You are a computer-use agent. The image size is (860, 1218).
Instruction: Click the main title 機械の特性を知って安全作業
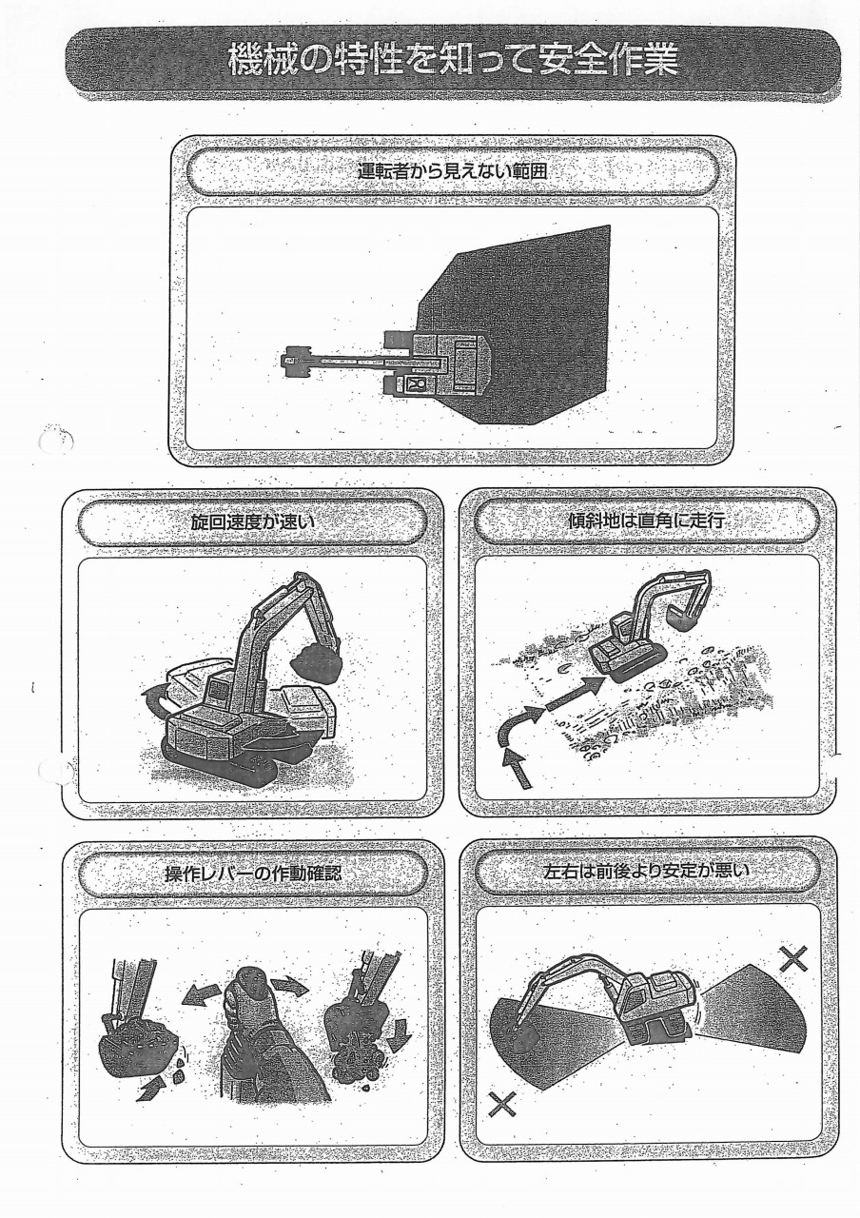click(454, 61)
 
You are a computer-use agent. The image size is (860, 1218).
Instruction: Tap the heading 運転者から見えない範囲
click(453, 172)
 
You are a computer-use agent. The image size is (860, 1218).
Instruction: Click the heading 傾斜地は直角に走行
click(646, 521)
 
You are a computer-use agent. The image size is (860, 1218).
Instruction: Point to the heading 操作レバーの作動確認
click(253, 874)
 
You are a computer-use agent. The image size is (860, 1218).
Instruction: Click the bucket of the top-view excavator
click(295, 361)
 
